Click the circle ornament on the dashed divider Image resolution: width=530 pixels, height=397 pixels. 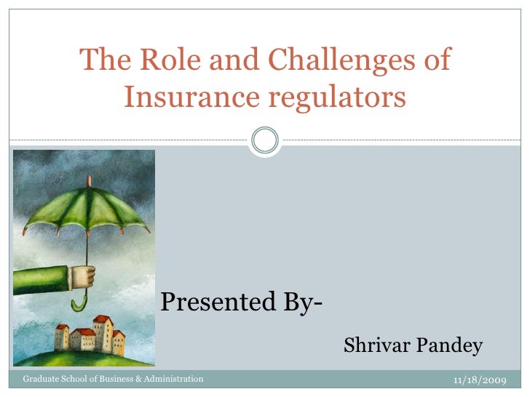tap(264, 139)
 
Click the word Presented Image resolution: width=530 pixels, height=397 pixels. tap(215, 301)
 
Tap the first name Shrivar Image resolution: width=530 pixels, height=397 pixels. tap(377, 345)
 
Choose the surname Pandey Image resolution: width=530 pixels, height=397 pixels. tap(451, 345)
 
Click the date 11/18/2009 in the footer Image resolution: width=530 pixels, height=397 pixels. tap(480, 380)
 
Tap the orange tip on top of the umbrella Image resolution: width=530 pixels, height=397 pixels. tap(89, 180)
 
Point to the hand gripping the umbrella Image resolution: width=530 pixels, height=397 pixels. tap(83, 277)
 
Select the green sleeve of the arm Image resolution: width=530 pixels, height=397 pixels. tap(40, 280)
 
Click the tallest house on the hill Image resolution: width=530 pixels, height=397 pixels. tap(103, 332)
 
